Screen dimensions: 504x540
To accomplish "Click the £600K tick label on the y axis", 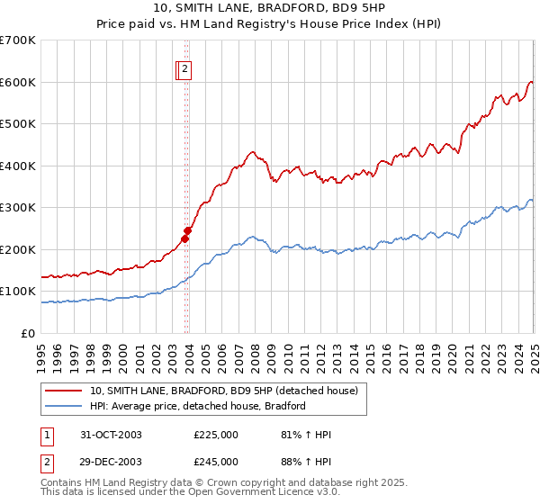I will [x=20, y=82].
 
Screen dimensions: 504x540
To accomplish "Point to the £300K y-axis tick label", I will [x=20, y=208].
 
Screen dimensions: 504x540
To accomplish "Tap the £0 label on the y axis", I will [x=30, y=333].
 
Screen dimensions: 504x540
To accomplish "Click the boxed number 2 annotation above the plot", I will [x=184, y=67].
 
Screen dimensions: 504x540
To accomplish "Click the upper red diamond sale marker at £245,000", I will [x=187, y=230].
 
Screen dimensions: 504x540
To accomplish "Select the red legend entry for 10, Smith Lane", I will [x=224, y=391].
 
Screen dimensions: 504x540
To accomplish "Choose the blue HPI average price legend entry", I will [x=198, y=406].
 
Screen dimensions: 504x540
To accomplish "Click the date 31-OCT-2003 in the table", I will [x=111, y=435].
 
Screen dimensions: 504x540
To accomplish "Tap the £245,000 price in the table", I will [x=216, y=462].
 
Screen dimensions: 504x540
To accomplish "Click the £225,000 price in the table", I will [x=216, y=435].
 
